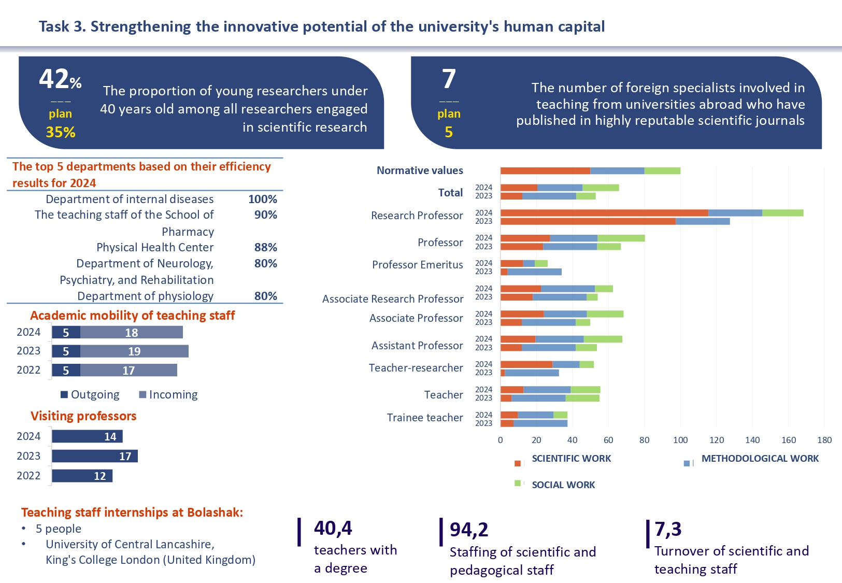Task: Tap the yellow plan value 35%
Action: (x=61, y=133)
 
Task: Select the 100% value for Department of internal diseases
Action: (x=262, y=200)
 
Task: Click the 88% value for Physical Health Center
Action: (x=265, y=248)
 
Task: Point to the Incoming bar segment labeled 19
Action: (x=134, y=351)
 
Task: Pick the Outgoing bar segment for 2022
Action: (x=66, y=371)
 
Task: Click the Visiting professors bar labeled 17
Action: (x=95, y=456)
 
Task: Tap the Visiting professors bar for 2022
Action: (x=82, y=476)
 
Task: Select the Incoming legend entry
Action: (x=168, y=395)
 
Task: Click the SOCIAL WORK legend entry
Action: (x=563, y=485)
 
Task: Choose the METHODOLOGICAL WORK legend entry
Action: (x=760, y=459)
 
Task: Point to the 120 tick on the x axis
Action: (x=717, y=440)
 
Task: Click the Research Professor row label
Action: (x=417, y=216)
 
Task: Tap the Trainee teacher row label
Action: (x=425, y=418)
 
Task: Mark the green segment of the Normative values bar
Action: (x=662, y=171)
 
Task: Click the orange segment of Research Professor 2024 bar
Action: (x=604, y=213)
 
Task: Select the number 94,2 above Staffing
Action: (x=469, y=530)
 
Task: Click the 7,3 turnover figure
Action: (x=668, y=529)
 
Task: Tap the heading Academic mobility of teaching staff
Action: (x=132, y=316)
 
